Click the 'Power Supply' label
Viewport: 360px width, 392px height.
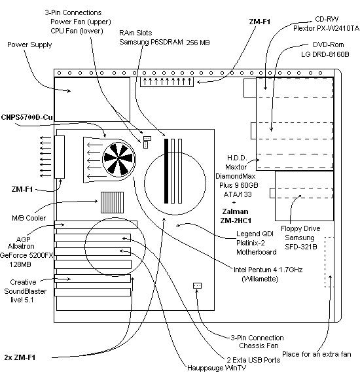point(29,45)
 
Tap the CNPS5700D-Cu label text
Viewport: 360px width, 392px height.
point(27,117)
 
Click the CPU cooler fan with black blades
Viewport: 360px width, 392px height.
point(118,159)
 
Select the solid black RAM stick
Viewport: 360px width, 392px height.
point(166,171)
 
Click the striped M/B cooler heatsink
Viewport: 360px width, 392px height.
point(112,202)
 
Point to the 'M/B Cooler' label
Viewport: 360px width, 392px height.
point(29,218)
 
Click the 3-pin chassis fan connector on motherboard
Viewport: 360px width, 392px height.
point(197,285)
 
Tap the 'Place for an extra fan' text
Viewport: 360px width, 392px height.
point(317,354)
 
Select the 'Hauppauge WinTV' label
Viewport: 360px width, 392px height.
point(217,368)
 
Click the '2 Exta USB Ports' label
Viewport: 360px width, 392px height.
point(253,360)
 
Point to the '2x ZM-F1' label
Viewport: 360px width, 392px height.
point(20,357)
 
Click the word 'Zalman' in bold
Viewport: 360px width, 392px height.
point(235,211)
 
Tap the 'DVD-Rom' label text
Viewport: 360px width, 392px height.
point(328,45)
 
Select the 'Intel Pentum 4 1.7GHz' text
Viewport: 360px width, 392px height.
point(268,270)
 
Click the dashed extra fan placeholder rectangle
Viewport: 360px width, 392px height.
point(329,262)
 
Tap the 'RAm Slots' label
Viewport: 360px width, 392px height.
point(135,33)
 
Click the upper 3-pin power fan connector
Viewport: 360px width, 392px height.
point(147,138)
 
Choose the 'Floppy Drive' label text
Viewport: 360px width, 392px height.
point(300,228)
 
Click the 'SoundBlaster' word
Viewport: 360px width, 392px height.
point(26,291)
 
